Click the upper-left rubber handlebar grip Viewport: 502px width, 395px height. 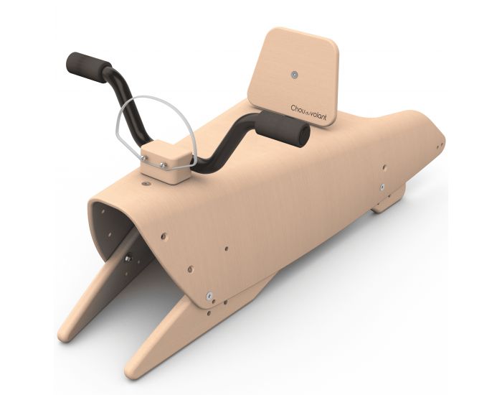tap(87, 65)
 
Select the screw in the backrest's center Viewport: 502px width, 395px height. tap(295, 73)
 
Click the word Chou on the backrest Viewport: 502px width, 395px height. tap(299, 108)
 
